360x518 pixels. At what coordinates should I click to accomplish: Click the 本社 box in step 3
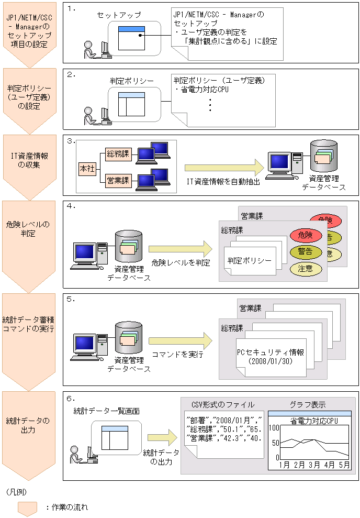[86, 169]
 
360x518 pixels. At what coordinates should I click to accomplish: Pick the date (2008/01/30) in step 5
[270, 361]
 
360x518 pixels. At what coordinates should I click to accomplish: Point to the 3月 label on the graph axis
[314, 464]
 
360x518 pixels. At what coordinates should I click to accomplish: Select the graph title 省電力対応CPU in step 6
[313, 421]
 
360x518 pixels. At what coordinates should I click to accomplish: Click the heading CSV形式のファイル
[222, 404]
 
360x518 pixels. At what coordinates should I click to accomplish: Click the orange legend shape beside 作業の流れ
[27, 507]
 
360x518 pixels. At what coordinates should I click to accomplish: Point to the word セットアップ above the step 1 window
[116, 15]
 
